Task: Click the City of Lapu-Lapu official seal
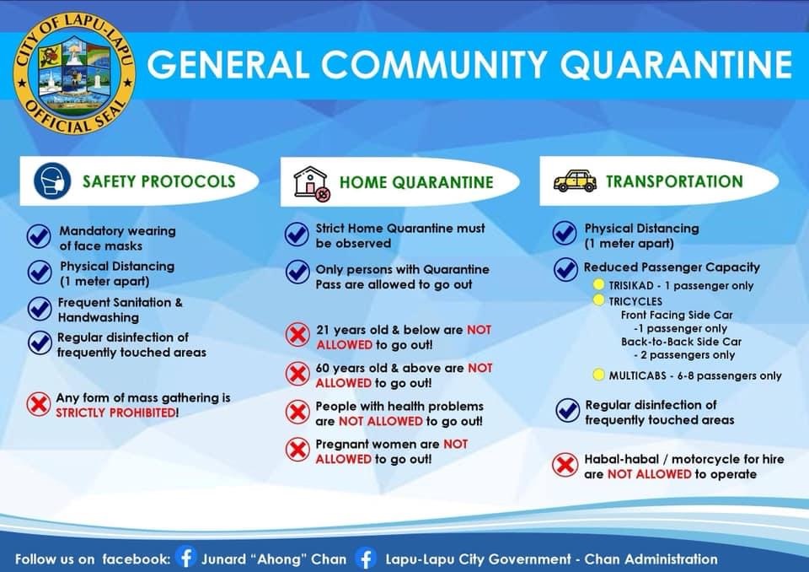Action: tap(75, 74)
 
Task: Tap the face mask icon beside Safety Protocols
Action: tap(52, 181)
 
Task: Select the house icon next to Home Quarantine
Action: tap(312, 183)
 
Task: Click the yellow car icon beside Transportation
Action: tap(575, 181)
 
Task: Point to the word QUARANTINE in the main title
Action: tap(676, 64)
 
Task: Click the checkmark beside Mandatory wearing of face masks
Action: tap(39, 236)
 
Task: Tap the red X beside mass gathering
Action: tap(38, 404)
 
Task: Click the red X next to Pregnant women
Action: tap(297, 450)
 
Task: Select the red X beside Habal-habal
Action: tap(565, 465)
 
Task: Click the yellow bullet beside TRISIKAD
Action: tap(598, 284)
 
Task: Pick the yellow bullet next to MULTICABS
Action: tap(598, 375)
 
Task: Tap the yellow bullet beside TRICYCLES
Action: tap(598, 299)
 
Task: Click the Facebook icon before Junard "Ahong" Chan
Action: tap(185, 558)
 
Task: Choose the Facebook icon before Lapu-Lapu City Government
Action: tap(366, 559)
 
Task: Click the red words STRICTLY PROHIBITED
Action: tap(115, 413)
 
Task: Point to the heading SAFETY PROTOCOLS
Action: tap(159, 181)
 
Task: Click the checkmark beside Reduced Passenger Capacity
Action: tap(566, 269)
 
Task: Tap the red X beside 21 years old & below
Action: tap(297, 335)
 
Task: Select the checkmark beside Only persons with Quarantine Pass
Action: tap(297, 272)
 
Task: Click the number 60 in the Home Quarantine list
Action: tap(323, 368)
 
